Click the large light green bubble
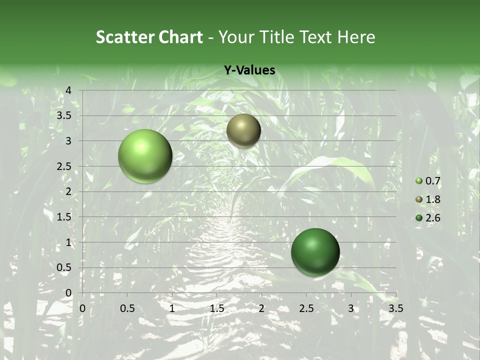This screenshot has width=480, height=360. (145, 156)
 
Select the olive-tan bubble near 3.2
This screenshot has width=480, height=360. (243, 130)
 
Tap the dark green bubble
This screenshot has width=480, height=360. (315, 252)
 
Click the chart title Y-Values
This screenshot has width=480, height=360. (249, 70)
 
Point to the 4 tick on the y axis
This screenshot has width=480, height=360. (68, 90)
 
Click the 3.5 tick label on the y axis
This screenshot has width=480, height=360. (63, 115)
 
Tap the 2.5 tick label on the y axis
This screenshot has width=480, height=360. (63, 166)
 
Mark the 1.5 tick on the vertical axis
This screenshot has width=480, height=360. (63, 217)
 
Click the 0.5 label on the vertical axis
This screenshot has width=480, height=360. (63, 268)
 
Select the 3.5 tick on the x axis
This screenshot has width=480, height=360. (395, 308)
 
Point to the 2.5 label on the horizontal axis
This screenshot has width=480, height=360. (306, 308)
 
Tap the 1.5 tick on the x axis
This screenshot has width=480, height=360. (216, 308)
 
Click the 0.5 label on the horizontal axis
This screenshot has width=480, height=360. (127, 308)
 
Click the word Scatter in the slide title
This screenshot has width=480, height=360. (124, 37)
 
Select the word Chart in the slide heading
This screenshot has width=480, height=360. (180, 37)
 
